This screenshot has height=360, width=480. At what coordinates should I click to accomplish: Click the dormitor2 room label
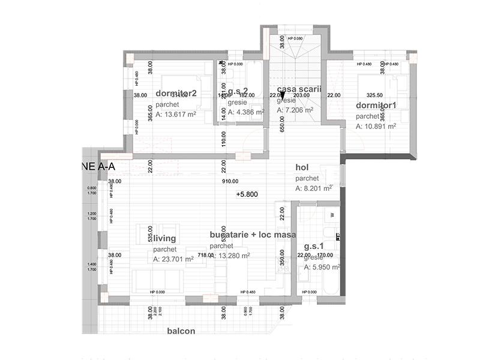click(x=176, y=94)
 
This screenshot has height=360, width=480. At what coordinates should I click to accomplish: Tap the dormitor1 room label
click(x=376, y=106)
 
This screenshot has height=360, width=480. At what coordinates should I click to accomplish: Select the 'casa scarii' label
click(x=299, y=89)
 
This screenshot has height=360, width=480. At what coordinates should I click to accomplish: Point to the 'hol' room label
click(x=301, y=168)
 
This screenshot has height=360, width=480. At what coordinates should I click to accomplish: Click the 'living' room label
click(x=165, y=239)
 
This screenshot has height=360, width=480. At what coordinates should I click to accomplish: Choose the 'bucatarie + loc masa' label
click(x=253, y=235)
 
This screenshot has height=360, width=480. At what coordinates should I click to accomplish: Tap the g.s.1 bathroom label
click(x=314, y=247)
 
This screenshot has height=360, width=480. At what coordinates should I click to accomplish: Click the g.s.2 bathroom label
click(x=238, y=92)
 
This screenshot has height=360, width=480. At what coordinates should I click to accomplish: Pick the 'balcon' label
click(x=181, y=331)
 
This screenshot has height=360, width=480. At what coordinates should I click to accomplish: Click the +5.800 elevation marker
click(x=247, y=195)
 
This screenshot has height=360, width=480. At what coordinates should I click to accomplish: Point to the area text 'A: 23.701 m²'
click(x=173, y=260)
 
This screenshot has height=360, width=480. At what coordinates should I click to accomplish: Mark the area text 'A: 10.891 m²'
click(x=376, y=127)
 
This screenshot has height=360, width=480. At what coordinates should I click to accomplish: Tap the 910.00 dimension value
click(x=230, y=181)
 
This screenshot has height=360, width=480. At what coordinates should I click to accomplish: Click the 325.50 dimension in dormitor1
click(x=374, y=95)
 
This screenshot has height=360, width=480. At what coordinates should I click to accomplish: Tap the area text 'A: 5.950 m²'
click(x=322, y=268)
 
